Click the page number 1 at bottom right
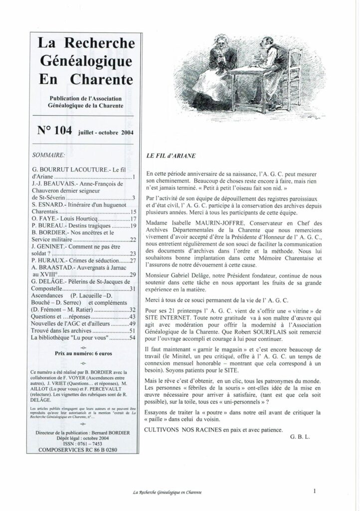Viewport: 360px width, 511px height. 316,491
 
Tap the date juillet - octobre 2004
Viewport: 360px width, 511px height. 108,133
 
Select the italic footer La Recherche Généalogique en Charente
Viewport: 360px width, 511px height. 167,493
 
